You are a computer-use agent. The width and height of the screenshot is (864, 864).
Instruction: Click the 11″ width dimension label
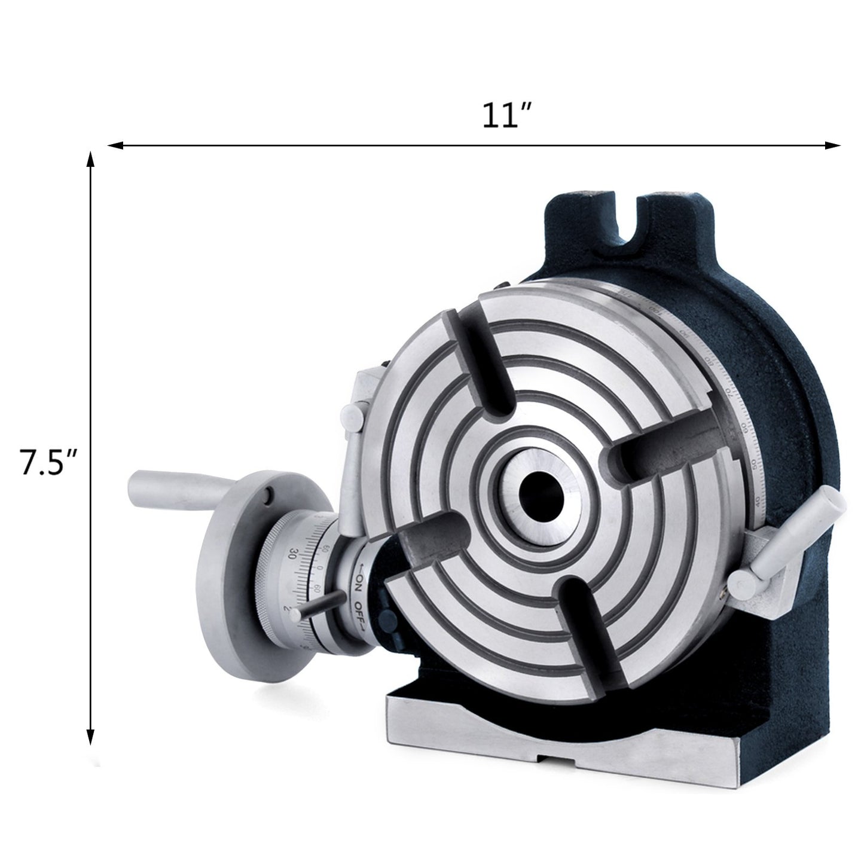pos(507,116)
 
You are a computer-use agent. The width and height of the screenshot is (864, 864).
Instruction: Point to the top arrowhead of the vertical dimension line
pos(90,158)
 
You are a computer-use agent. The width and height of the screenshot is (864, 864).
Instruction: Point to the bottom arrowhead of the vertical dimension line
pos(90,738)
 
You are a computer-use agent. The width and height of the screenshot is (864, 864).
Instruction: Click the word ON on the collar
pos(360,581)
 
